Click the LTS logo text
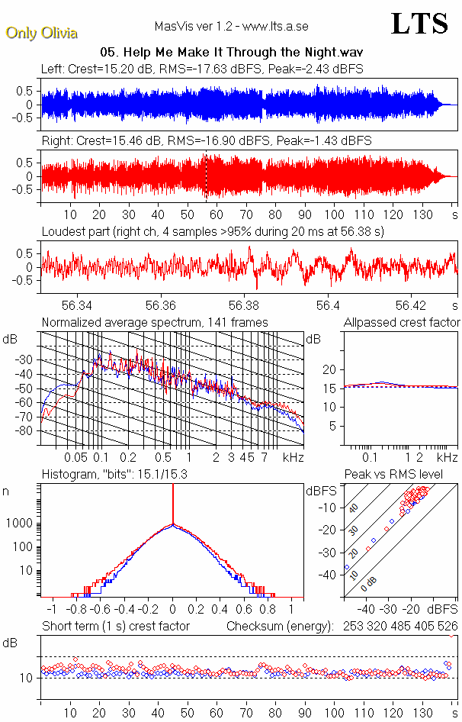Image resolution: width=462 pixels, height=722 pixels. pyautogui.click(x=419, y=24)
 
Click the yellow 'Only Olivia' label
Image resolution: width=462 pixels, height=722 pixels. pyautogui.click(x=42, y=33)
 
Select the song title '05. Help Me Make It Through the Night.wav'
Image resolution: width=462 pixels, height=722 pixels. pyautogui.click(x=231, y=53)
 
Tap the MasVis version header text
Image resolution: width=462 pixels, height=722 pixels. pyautogui.click(x=231, y=27)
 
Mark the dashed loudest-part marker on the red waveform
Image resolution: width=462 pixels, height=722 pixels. pyautogui.click(x=205, y=176)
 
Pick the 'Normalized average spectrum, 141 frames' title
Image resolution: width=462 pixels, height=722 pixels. pyautogui.click(x=155, y=323)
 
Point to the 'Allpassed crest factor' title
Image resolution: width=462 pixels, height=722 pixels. pyautogui.click(x=402, y=323)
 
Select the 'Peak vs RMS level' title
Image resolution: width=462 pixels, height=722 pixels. pyautogui.click(x=403, y=475)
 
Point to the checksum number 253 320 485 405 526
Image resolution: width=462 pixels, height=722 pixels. pyautogui.click(x=399, y=627)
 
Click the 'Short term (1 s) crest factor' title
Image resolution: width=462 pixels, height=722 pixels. pyautogui.click(x=115, y=627)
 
